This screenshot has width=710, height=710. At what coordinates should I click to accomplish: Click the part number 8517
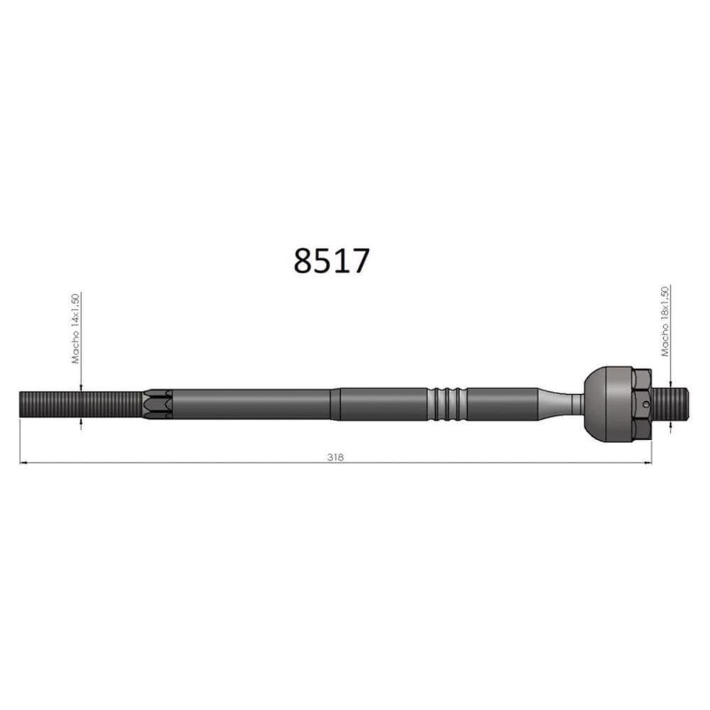tap(332, 261)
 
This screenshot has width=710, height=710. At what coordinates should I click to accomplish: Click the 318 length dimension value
tap(335, 457)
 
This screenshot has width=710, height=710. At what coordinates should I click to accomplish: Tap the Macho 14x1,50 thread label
tap(75, 328)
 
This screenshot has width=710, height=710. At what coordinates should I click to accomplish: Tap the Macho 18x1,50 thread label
tap(665, 321)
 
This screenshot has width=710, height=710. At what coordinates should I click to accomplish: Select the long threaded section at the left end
tap(82, 405)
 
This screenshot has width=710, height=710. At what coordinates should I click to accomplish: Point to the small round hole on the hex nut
tap(645, 404)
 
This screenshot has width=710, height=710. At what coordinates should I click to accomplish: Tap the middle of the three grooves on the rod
tap(447, 404)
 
